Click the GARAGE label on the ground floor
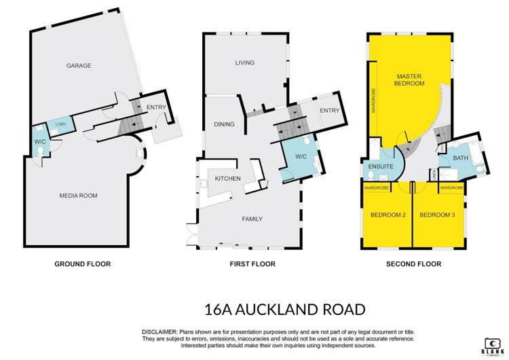click(x=79, y=66)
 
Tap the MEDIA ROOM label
click(x=78, y=196)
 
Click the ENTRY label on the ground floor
click(x=155, y=107)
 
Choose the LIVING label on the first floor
click(x=244, y=62)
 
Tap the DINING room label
click(x=224, y=124)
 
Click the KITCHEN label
click(x=228, y=179)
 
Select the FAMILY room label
click(x=252, y=219)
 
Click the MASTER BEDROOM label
click(x=409, y=79)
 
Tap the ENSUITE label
click(x=381, y=166)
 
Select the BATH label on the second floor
click(x=461, y=158)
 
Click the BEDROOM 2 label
click(x=388, y=215)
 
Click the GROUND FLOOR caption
click(x=82, y=264)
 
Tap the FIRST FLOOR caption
click(x=245, y=264)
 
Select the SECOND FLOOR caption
click(x=413, y=264)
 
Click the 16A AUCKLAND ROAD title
click(x=284, y=310)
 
